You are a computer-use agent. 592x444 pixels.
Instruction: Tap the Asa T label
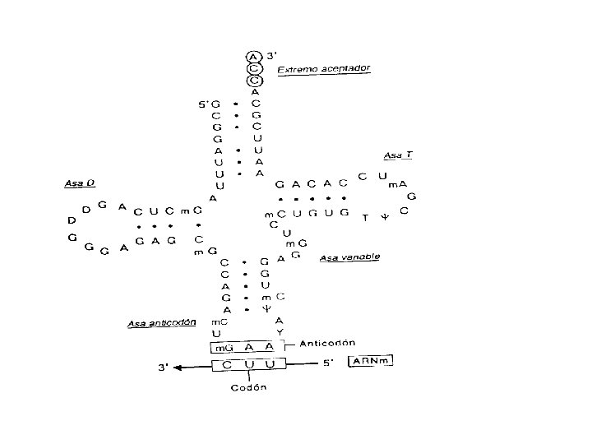(397, 155)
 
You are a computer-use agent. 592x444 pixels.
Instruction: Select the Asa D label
(78, 183)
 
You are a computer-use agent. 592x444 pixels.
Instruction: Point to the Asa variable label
(349, 257)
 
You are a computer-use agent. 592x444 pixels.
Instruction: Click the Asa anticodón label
(162, 323)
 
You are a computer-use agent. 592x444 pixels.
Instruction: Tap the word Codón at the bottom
(248, 386)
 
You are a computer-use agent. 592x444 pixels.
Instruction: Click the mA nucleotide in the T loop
(397, 185)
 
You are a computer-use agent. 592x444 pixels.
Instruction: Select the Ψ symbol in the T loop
(382, 219)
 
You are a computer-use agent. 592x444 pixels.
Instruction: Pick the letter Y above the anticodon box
(280, 332)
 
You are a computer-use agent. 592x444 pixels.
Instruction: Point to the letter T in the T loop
(365, 218)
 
